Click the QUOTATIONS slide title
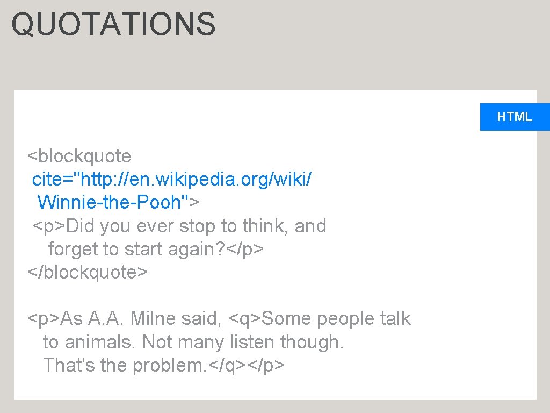tap(113, 25)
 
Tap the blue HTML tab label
tap(515, 117)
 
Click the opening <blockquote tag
tap(79, 156)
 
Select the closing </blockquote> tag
tap(88, 272)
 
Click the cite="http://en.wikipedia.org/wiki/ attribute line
tap(171, 180)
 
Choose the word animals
tap(99, 342)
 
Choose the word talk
tap(395, 318)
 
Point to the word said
tap(201, 318)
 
